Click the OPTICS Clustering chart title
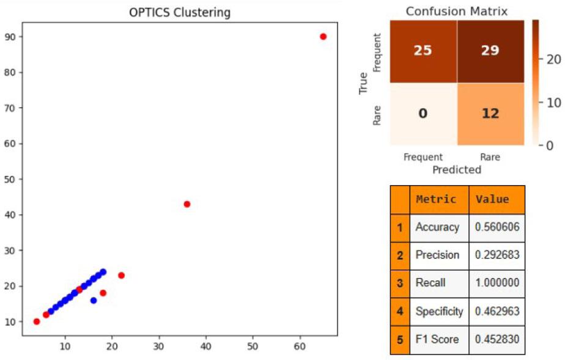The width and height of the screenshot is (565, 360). point(180,13)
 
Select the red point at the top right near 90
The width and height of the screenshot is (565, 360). point(323,37)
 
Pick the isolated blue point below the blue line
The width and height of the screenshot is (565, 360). point(94,300)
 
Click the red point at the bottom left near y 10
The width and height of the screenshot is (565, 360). point(37,321)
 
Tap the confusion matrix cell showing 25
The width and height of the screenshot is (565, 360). point(423,50)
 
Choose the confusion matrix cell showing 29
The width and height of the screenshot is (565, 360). point(490,50)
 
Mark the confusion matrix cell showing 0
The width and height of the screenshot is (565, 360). point(423,114)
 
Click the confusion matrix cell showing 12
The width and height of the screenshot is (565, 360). point(490,114)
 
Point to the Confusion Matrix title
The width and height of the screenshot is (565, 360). point(457,12)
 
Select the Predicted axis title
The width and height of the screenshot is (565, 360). point(457,169)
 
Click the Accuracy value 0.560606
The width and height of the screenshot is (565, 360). point(497,227)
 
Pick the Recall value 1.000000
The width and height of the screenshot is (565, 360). point(497,283)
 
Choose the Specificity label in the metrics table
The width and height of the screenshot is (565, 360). point(439,311)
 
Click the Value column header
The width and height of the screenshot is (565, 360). point(493,199)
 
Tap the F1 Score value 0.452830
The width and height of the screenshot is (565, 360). point(497,339)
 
